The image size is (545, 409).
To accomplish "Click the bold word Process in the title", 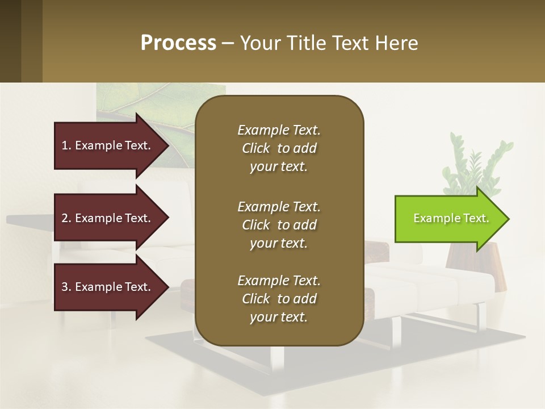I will coord(178,43).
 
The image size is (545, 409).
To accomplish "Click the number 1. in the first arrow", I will coord(66,145).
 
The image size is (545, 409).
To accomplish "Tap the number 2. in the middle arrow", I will coord(66,218).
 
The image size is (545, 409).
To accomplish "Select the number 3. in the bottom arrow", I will coord(66,287).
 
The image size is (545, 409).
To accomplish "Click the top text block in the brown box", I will coord(279,148).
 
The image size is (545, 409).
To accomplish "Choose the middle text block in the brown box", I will coord(279,225).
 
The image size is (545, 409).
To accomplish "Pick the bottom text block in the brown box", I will coord(279,299).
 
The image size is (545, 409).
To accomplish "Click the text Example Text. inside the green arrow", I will coord(451,218).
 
